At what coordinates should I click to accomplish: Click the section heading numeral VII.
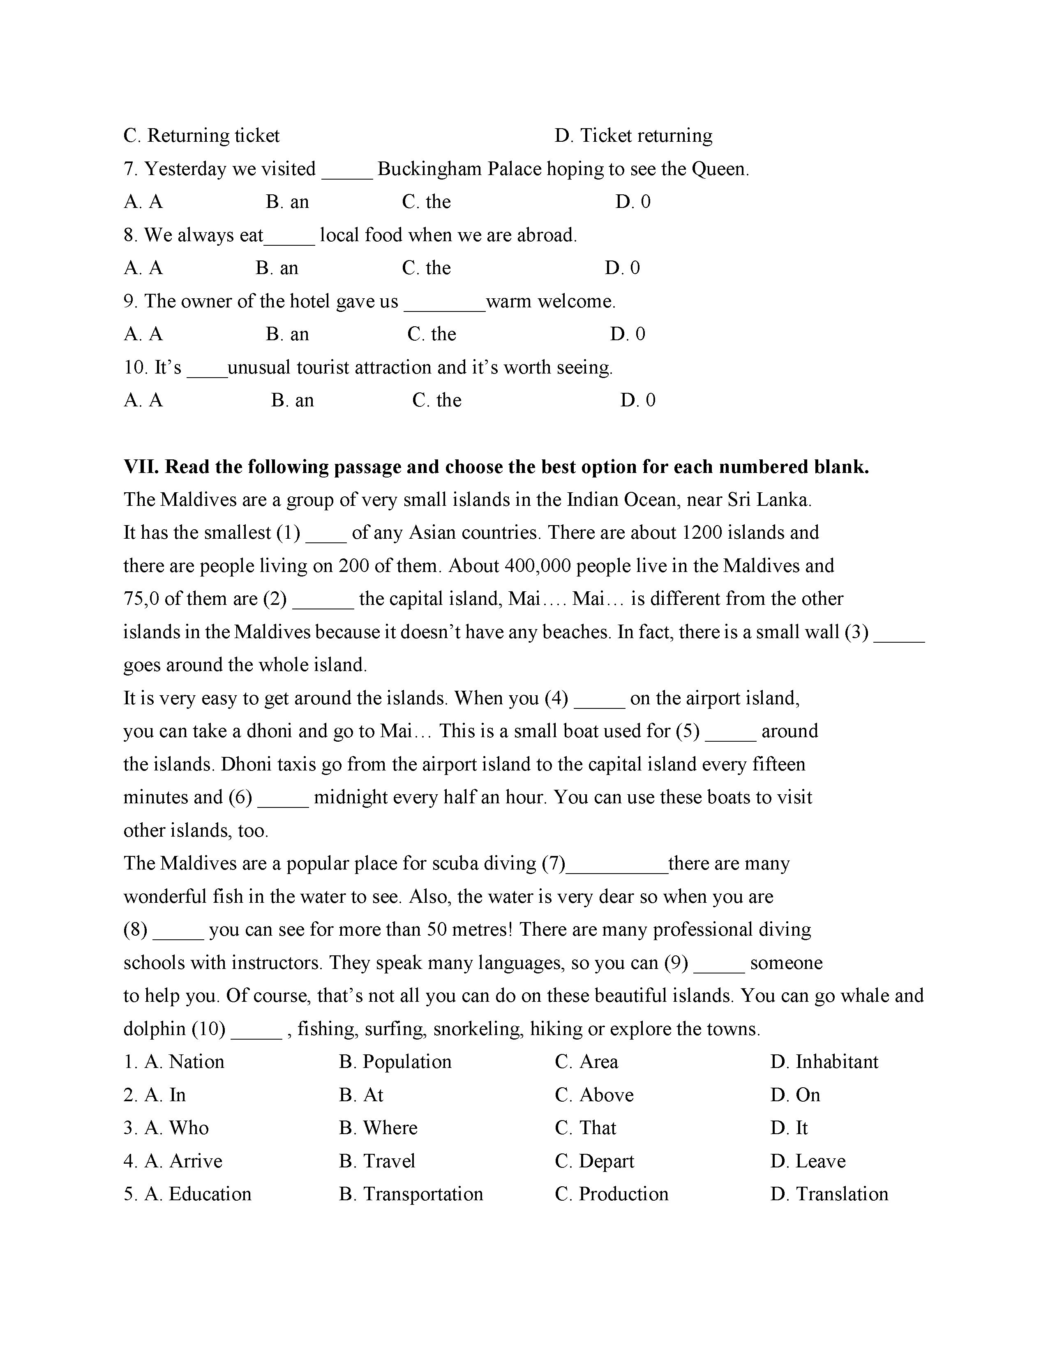pos(141,467)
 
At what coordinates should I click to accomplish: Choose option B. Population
pos(395,1062)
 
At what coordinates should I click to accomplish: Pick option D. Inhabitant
pos(824,1062)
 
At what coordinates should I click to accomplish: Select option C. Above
pos(594,1095)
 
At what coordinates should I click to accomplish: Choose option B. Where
pos(378,1128)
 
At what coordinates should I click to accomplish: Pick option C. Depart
pos(594,1161)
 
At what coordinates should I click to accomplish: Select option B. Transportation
pos(411,1194)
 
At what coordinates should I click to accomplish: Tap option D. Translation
pos(829,1194)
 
